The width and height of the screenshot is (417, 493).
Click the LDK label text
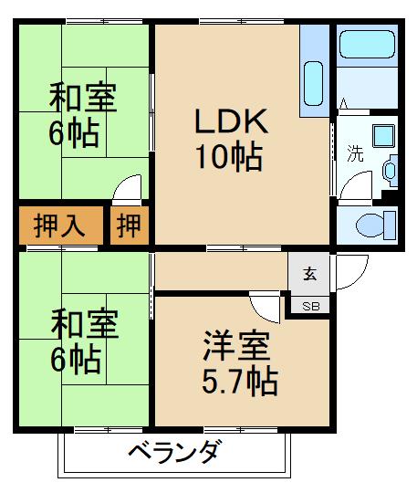(x=230, y=121)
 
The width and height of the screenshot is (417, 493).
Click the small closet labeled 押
(x=130, y=226)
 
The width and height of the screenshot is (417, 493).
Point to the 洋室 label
(x=235, y=348)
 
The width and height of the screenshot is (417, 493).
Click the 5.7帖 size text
(x=239, y=381)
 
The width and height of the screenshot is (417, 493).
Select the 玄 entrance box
(x=310, y=272)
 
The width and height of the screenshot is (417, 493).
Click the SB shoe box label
(x=310, y=306)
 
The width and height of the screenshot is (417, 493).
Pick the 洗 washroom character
(x=354, y=152)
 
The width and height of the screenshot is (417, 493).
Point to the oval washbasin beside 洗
(x=391, y=169)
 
